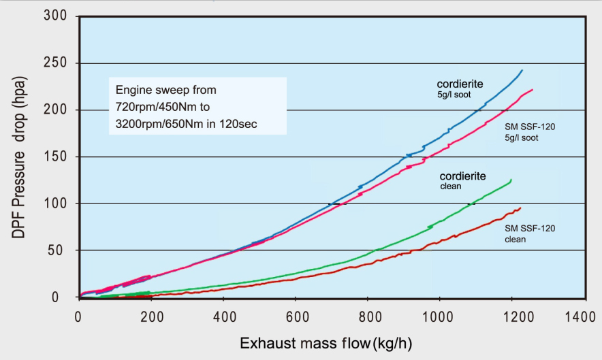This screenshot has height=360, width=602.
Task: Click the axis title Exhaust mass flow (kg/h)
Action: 326,342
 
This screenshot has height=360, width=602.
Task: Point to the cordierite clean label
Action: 462,180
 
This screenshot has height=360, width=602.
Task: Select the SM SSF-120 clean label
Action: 530,233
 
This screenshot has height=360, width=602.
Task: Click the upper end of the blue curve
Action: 522,70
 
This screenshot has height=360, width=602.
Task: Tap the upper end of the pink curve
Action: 533,90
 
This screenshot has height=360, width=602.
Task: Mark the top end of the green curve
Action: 511,180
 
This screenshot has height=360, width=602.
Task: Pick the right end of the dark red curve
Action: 520,208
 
